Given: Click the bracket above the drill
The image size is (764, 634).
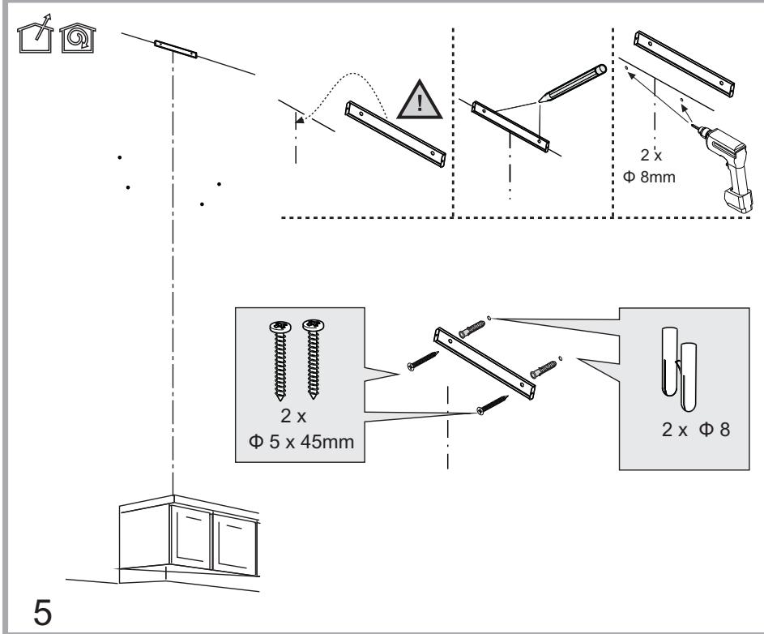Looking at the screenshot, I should (x=685, y=61).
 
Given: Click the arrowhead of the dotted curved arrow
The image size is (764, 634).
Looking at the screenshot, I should (x=300, y=121).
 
